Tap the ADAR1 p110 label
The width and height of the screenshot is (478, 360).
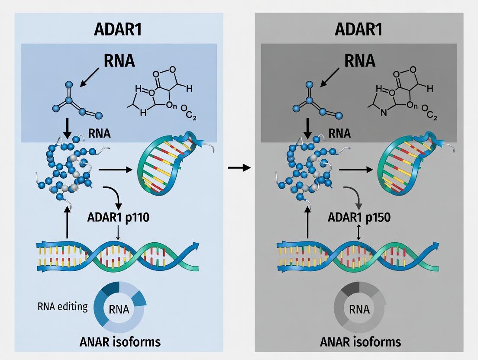click(119, 217)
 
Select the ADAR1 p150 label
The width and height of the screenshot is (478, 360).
click(360, 217)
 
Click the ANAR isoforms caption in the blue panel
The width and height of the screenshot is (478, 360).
click(120, 342)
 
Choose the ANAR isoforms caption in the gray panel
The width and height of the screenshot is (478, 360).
click(361, 342)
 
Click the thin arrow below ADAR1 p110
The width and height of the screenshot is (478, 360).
click(118, 233)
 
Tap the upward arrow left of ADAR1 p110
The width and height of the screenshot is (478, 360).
click(67, 222)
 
